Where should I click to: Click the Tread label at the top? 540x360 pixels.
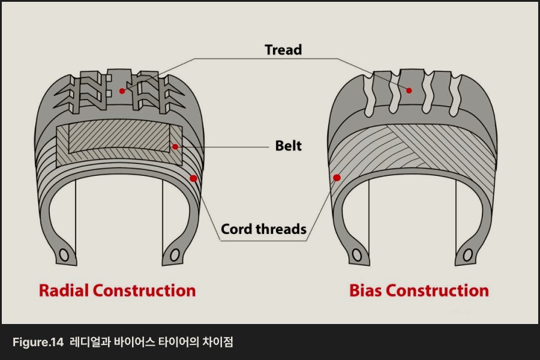(x=283, y=49)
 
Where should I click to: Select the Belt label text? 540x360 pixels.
(x=288, y=146)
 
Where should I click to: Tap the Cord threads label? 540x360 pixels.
(x=263, y=229)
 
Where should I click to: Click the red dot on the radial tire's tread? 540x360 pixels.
(x=122, y=91)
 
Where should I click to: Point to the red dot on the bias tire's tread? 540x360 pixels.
(x=409, y=91)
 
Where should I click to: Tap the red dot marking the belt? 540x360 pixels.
(x=175, y=146)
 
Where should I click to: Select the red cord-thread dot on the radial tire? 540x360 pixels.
(x=193, y=178)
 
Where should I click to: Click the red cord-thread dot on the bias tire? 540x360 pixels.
(x=337, y=178)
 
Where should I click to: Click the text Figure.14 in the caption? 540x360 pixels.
(x=38, y=343)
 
